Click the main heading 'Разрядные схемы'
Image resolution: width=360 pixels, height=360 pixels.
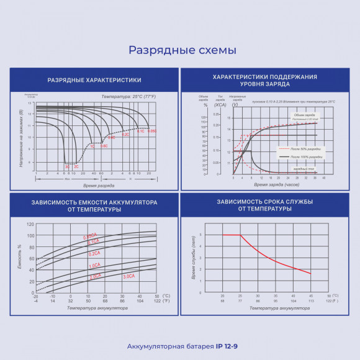(x=182, y=50)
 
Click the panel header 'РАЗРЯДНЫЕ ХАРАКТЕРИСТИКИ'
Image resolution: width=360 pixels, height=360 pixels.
(x=94, y=80)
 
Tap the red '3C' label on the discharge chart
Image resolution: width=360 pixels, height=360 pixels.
(x=67, y=167)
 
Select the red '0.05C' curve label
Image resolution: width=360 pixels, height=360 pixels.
(x=152, y=132)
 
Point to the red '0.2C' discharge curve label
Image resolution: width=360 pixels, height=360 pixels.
(x=125, y=135)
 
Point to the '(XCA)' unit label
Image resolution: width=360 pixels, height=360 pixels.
(x=220, y=105)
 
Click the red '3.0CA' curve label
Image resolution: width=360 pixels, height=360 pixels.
(x=128, y=276)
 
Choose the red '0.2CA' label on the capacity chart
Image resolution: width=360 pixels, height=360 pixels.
(x=94, y=254)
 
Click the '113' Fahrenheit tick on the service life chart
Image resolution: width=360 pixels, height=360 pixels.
(x=310, y=300)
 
